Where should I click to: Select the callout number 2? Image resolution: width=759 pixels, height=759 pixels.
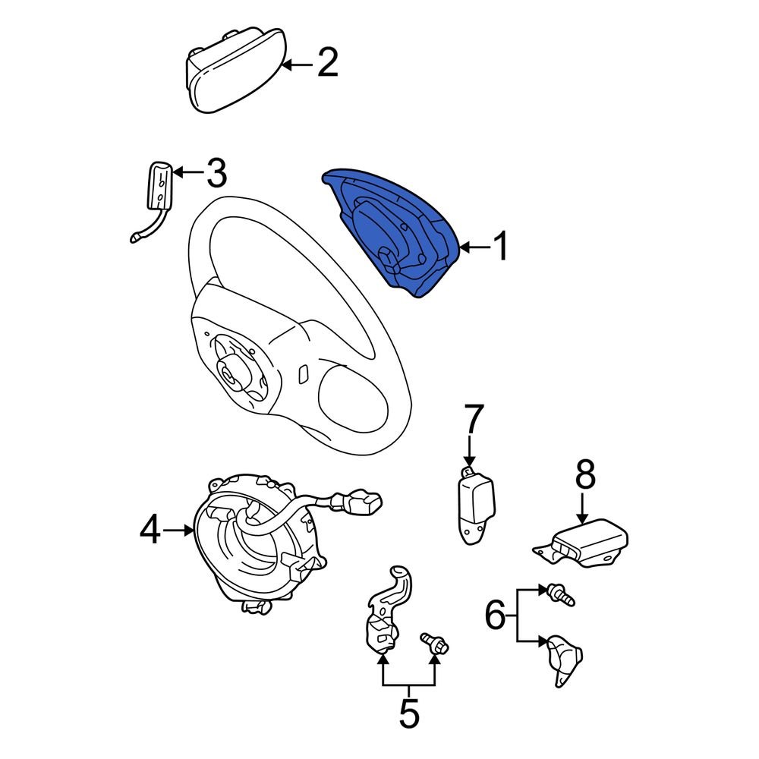click(327, 64)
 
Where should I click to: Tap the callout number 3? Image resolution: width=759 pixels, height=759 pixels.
click(216, 173)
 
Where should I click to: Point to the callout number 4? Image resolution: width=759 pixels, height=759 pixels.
click(151, 530)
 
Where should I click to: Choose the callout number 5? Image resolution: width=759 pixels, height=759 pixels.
click(408, 714)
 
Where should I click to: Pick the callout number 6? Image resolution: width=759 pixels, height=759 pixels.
click(495, 615)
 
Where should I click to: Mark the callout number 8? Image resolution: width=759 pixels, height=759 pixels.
click(585, 476)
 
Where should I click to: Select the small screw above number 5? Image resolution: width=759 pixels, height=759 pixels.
click(436, 644)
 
